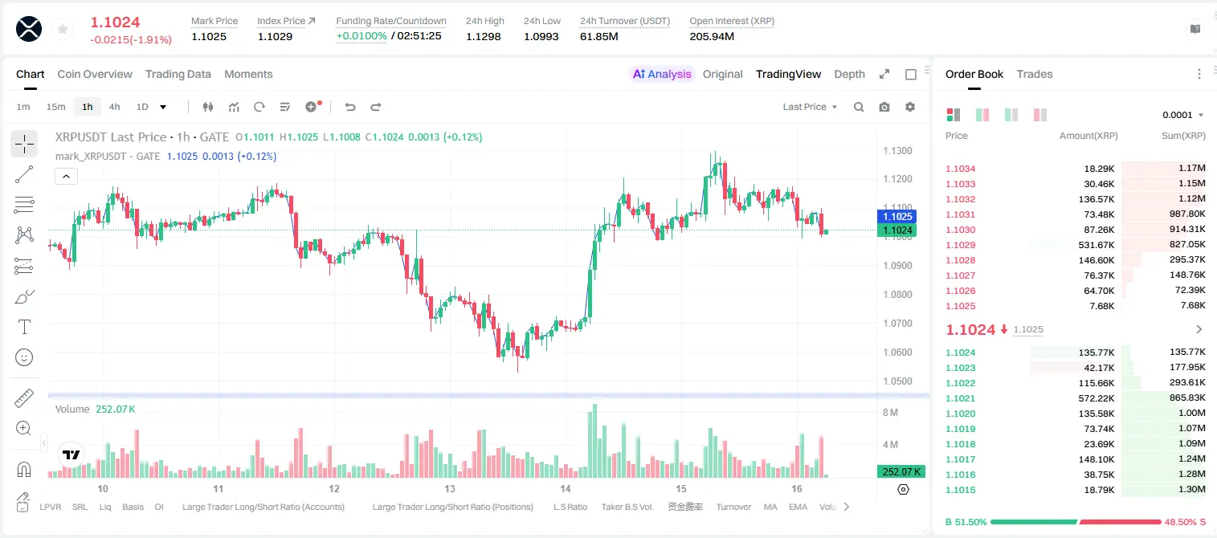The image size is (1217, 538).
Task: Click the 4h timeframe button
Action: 114,107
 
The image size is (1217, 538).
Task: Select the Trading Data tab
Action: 178,74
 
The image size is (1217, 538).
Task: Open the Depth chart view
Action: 849,74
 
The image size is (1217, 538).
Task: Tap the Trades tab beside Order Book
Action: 1034,74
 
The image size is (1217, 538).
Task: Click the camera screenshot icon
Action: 884,107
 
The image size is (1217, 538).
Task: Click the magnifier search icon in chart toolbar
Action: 859,107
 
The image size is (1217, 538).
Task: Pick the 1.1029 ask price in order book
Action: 960,245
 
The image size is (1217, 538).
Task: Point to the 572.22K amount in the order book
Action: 1096,398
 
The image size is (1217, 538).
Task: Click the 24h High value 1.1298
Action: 483,36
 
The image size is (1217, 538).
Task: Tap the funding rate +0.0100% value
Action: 361,36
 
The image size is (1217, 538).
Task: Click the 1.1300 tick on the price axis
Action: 897,150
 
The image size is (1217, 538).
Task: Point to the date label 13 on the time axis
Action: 449,488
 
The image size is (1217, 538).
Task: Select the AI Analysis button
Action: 662,74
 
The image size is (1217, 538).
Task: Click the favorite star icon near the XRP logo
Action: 63,29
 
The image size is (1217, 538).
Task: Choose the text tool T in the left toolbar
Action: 24,327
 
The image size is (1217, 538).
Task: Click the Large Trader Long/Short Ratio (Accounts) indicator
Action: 263,507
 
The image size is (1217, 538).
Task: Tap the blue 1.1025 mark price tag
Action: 897,216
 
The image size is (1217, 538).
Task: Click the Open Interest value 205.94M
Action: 712,36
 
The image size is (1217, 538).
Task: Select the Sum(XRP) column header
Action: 1183,135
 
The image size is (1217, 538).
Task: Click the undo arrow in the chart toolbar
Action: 350,107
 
